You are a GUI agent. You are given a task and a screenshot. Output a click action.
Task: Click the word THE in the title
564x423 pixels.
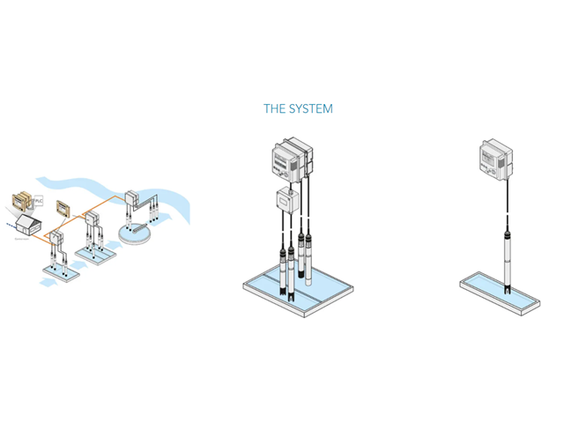pyautogui.click(x=274, y=109)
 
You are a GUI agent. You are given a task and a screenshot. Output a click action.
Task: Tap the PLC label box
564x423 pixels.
pyautogui.click(x=39, y=200)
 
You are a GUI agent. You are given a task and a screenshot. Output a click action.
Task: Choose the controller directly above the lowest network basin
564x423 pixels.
pyautogui.click(x=56, y=238)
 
